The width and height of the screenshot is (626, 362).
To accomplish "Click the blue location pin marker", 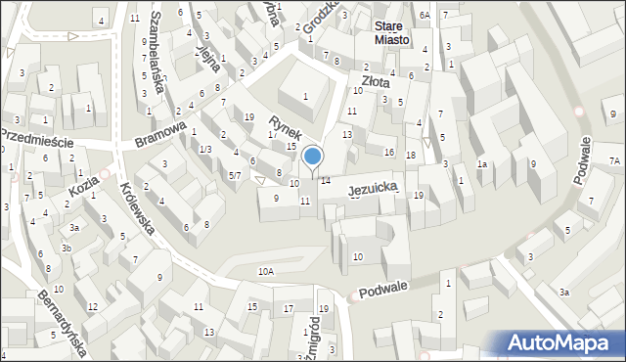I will (313, 157).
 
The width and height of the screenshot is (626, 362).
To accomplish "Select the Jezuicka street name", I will (373, 184).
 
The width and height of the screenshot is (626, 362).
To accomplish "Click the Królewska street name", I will (137, 206).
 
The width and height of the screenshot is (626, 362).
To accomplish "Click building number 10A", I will (265, 270).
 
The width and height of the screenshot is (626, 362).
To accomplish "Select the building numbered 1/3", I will (204, 149).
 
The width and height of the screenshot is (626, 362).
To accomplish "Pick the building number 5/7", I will (235, 175).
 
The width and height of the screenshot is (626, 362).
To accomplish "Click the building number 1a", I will (481, 164).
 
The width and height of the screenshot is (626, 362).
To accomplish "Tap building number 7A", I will (614, 160).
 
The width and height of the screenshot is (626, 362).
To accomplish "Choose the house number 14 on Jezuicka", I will (326, 181).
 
